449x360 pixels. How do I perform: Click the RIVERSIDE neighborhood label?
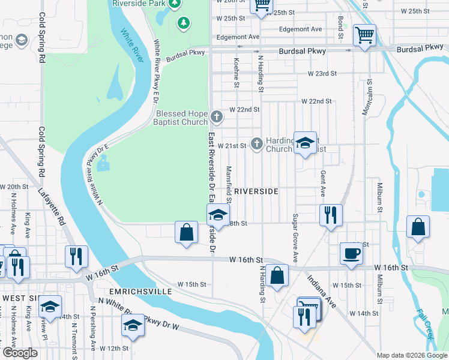click(256, 191)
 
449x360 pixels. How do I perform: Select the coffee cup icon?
click(351, 253)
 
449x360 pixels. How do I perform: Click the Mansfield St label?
click(229, 186)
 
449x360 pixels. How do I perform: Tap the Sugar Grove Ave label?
click(295, 237)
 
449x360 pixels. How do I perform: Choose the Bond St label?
click(340, 28)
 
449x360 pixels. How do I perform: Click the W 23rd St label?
click(322, 73)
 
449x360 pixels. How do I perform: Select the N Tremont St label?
click(73, 335)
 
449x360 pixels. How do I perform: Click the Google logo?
click(20, 353)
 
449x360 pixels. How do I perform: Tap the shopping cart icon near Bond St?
click(364, 35)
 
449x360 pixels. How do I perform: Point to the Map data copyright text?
click(412, 355)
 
